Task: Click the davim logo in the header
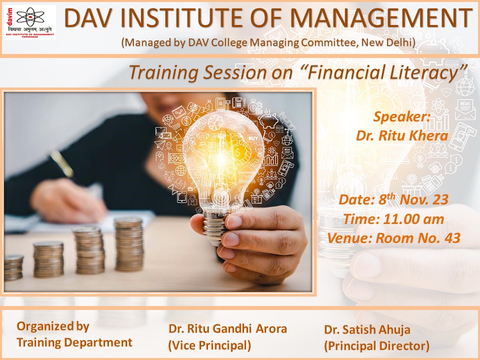30,22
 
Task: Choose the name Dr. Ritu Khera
402,135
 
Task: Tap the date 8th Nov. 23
413,199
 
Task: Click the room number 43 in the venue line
452,238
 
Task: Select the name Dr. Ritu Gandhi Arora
227,328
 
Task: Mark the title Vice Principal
209,345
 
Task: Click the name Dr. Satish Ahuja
367,329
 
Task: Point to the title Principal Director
376,345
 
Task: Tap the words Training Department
74,342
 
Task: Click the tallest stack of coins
129,244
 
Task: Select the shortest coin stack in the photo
13,267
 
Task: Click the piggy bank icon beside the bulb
268,119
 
